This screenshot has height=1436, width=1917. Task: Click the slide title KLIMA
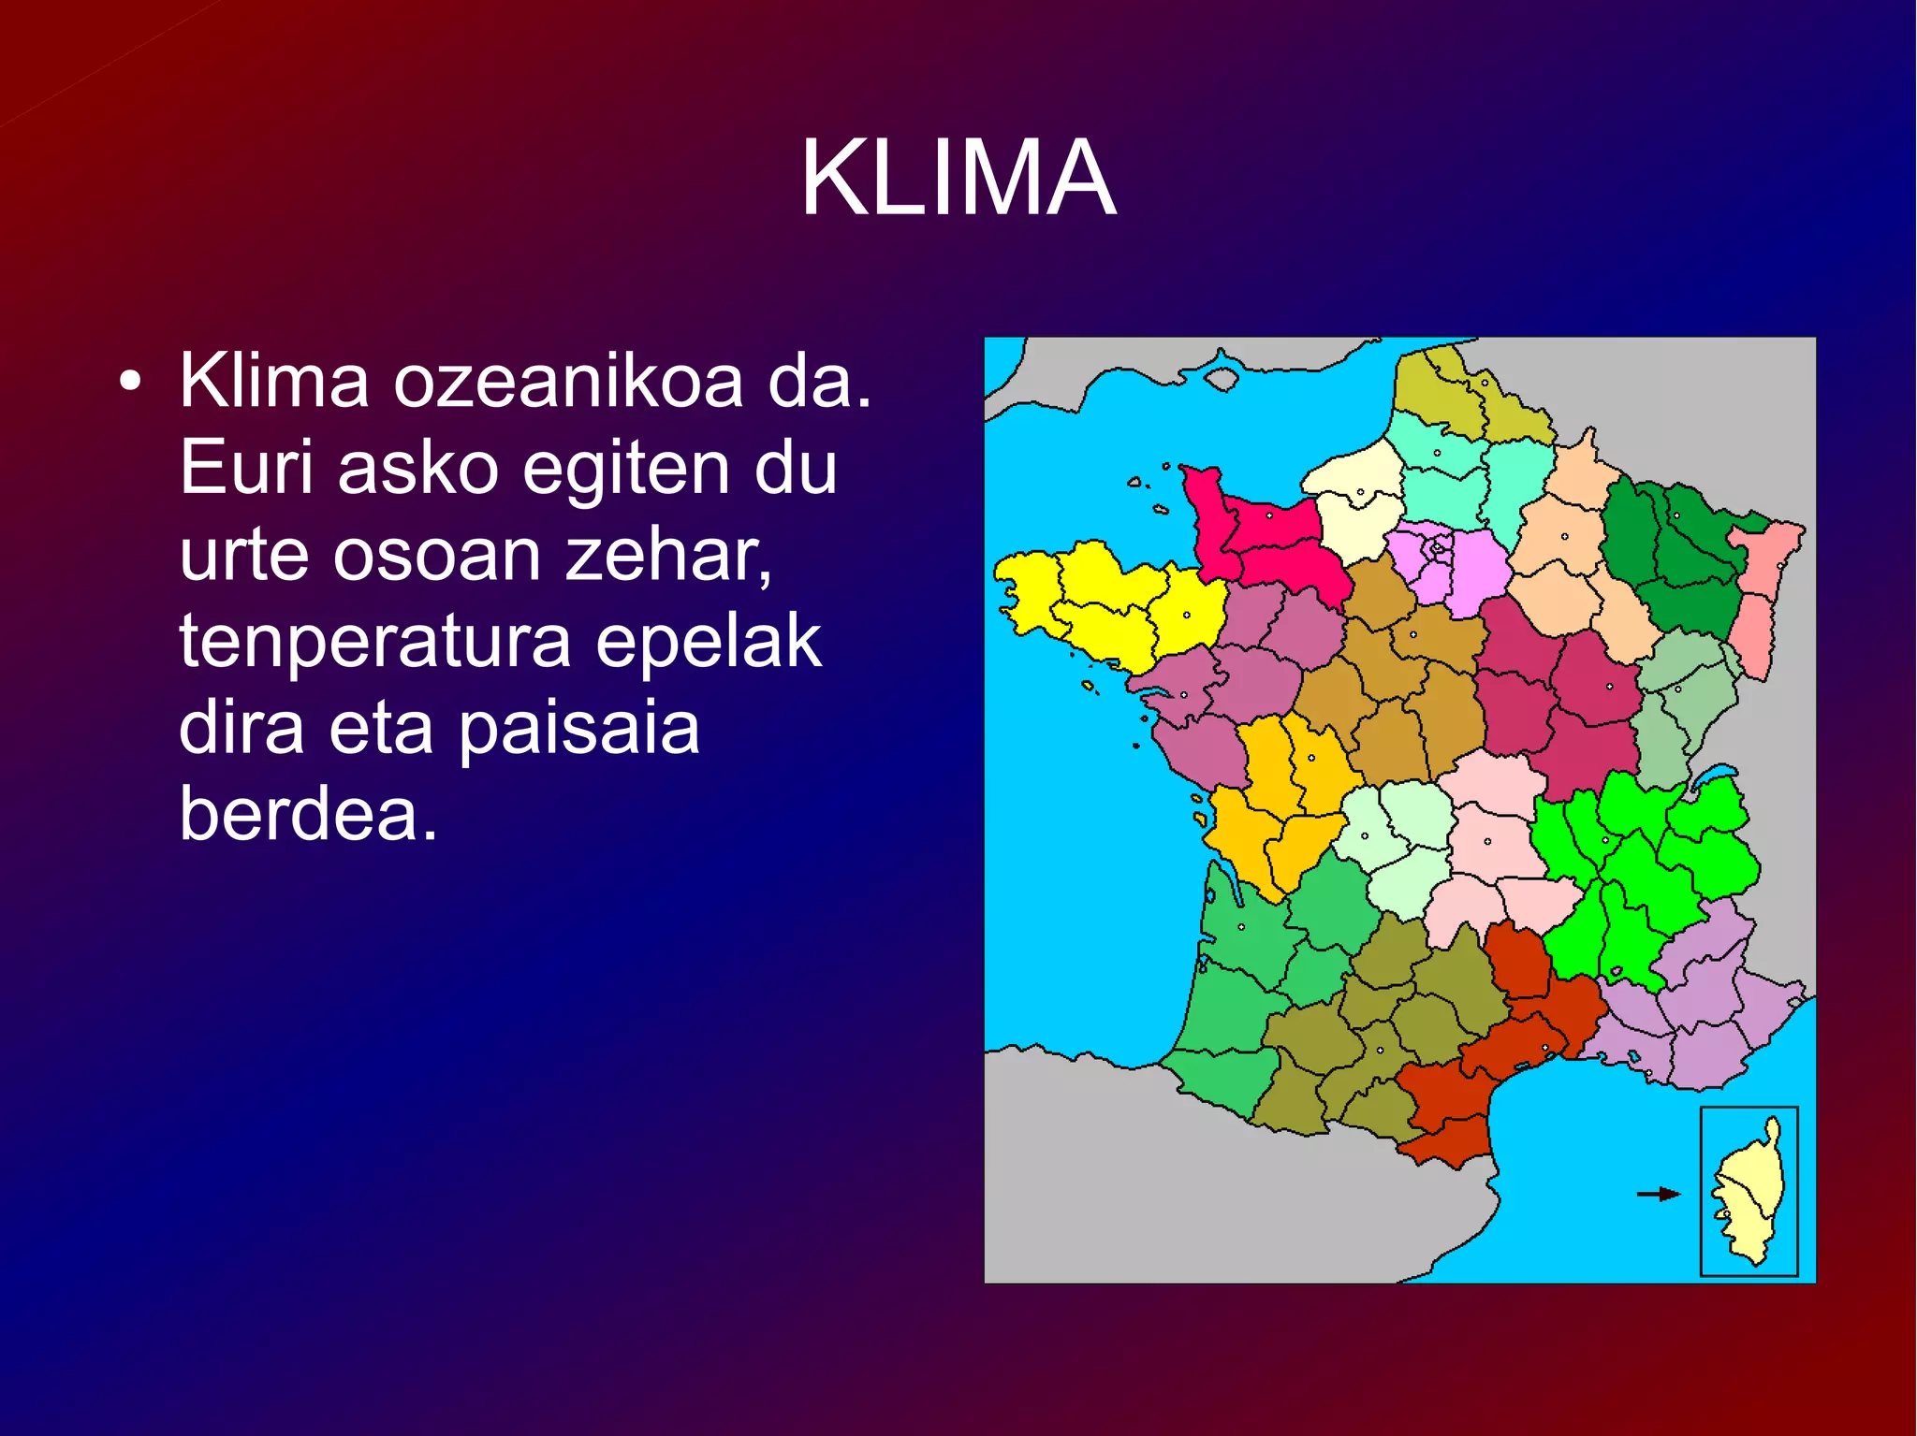958,178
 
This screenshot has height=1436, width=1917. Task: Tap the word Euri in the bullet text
245,468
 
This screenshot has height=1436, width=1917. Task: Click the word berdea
308,814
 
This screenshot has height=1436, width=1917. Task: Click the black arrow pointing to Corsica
1658,1194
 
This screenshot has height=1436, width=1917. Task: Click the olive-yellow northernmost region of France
1451,393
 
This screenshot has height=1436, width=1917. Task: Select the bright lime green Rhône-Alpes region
1647,861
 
